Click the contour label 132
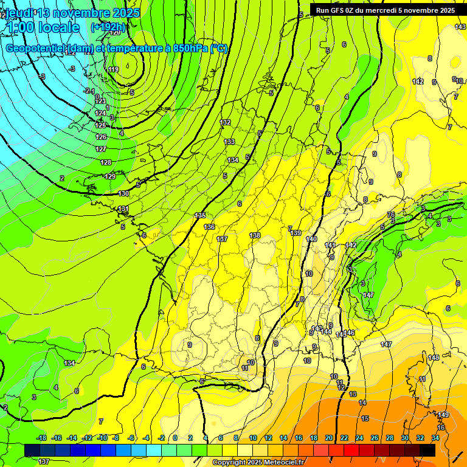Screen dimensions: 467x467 pyautogui.click(x=226, y=122)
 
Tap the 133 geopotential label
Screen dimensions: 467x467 pyautogui.click(x=229, y=142)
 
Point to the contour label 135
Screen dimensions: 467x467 pyautogui.click(x=200, y=215)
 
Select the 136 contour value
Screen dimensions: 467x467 pyautogui.click(x=210, y=227)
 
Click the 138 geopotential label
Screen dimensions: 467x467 pyautogui.click(x=255, y=235)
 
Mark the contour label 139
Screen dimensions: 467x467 pyautogui.click(x=296, y=233)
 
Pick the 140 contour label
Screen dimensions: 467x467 pyautogui.click(x=312, y=239)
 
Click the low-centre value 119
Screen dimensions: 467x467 pyautogui.click(x=114, y=70)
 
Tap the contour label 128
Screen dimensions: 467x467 pyautogui.click(x=106, y=162)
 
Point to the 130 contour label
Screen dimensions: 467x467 pyautogui.click(x=123, y=193)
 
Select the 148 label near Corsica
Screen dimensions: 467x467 pyautogui.click(x=434, y=358)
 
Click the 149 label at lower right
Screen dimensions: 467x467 pyautogui.click(x=443, y=415)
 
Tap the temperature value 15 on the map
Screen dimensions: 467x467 pyautogui.click(x=365, y=418)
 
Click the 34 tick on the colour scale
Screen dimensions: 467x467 pyautogui.click(x=435, y=438)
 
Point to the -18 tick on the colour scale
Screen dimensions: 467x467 pyautogui.click(x=41, y=438)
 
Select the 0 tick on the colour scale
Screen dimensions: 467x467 pyautogui.click(x=175, y=438)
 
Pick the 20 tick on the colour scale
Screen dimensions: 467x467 pyautogui.click(x=329, y=438)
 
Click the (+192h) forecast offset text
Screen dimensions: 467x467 pyautogui.click(x=108, y=27)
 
